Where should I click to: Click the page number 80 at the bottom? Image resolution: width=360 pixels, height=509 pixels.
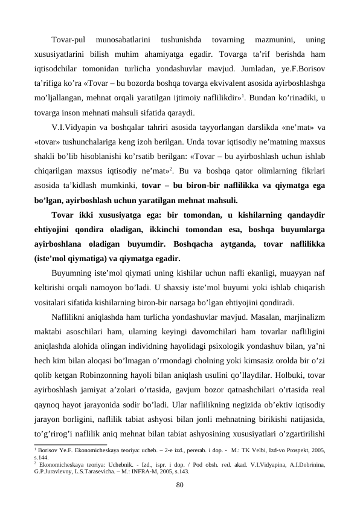179,485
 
